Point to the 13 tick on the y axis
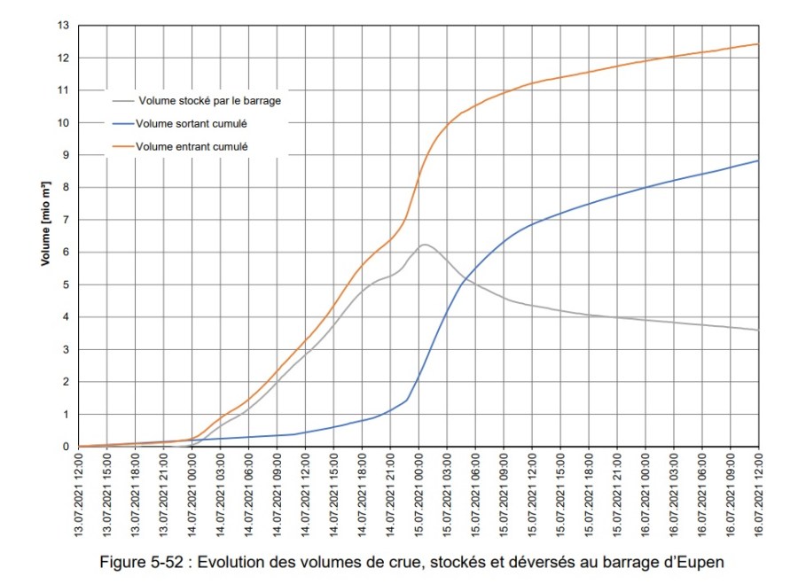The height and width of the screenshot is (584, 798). tap(63, 25)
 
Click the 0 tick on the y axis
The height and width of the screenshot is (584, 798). tap(66, 447)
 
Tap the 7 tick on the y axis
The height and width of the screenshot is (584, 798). tap(66, 220)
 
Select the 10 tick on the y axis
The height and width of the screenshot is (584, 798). tap(63, 122)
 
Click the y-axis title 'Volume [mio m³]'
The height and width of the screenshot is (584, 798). tap(46, 224)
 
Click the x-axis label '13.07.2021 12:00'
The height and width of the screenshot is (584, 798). tap(80, 494)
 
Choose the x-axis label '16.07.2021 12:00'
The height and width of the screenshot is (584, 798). tap(759, 494)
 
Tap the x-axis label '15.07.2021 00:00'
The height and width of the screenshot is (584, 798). tap(419, 494)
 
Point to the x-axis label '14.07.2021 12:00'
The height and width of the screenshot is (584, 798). tap(306, 494)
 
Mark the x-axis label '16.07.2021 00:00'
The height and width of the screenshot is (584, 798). tap(645, 494)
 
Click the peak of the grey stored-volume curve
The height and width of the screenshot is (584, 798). tap(424, 245)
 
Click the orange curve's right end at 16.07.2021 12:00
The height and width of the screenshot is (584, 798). tap(758, 44)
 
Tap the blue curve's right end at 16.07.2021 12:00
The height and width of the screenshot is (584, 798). tap(758, 160)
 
